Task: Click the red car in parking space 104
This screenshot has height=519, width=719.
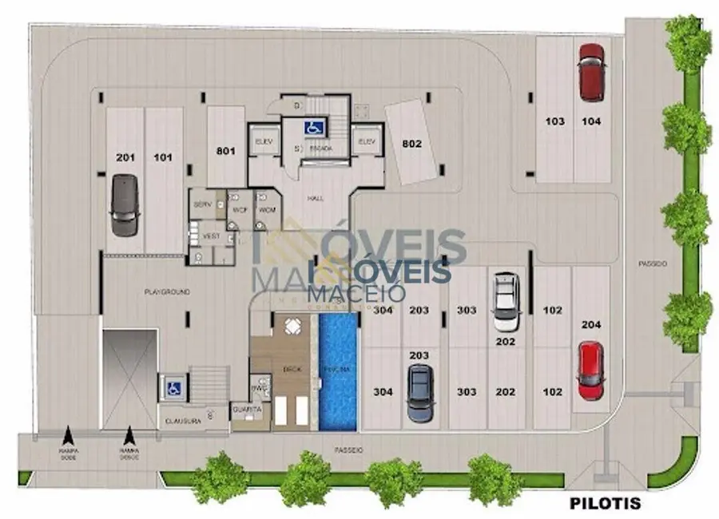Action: tap(591, 73)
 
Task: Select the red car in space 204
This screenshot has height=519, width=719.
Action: tap(590, 370)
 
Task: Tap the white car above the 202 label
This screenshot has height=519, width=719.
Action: tap(505, 301)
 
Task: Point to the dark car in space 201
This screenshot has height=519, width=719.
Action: tap(124, 205)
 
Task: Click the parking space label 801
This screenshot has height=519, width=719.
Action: tap(226, 149)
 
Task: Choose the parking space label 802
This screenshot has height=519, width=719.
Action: tap(411, 145)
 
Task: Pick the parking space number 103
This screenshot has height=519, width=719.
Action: tap(554, 121)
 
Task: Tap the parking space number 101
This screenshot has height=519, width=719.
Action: tap(163, 157)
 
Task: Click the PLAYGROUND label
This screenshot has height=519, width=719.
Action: tap(166, 293)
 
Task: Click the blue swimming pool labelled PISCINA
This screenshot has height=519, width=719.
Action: tap(337, 372)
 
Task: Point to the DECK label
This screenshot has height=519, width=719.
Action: tap(291, 369)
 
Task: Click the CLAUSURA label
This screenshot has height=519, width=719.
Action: tap(181, 419)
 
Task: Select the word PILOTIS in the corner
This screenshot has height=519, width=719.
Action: tap(604, 504)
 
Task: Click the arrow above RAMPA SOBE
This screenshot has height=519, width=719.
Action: tap(68, 436)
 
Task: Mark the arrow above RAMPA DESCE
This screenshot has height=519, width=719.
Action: tap(128, 436)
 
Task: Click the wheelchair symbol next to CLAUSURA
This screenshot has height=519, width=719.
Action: tap(172, 388)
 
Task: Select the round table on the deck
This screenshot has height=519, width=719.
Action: tap(291, 326)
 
